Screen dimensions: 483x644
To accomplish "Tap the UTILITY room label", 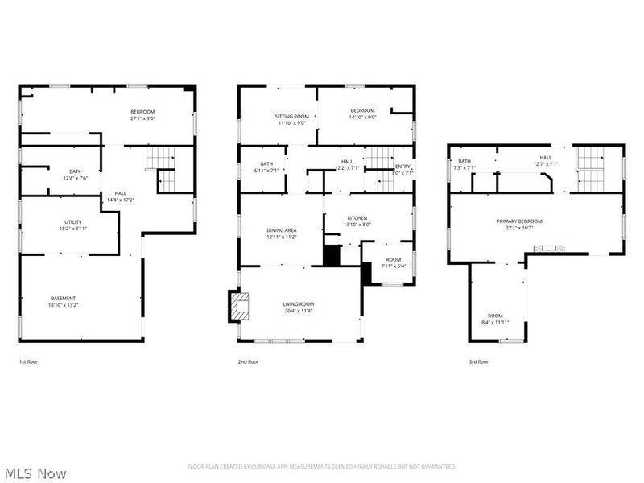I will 73,221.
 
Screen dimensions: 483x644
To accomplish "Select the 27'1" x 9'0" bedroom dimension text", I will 143,118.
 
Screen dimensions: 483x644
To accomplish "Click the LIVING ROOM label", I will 297,303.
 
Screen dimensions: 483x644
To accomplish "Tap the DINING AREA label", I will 282,230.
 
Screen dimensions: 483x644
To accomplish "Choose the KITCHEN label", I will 357,218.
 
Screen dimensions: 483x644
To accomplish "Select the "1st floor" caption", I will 28,362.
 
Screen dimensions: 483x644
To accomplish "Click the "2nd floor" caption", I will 248,362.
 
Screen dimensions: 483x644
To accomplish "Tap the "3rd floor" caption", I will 478,362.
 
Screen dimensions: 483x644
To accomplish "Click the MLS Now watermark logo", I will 35,473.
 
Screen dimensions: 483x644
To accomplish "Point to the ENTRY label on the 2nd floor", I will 402,166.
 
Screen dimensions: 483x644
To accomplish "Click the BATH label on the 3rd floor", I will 464,161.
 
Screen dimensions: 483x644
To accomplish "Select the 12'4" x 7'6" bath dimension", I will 75,179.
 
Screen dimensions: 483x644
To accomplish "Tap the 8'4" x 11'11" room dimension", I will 494,322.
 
